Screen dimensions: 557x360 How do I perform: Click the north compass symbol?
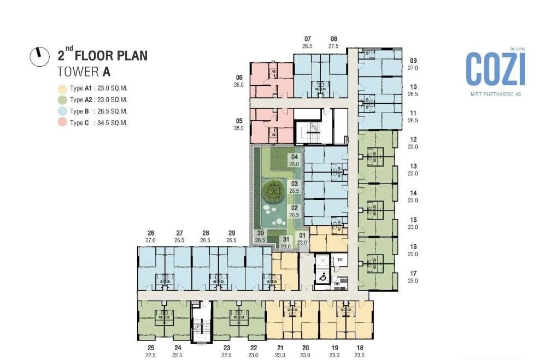(39, 57)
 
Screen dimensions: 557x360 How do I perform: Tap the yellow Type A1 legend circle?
(62, 88)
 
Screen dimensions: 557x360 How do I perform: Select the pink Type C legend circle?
(62, 122)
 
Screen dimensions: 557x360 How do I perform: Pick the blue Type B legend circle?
(62, 111)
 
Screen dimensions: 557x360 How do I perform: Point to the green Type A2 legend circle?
(62, 100)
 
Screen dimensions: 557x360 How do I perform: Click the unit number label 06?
(239, 78)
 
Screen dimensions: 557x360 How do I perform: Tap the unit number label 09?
(413, 61)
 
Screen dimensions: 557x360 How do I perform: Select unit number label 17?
(413, 273)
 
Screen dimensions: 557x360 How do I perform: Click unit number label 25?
(151, 348)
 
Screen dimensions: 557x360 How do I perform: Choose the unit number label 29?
(232, 233)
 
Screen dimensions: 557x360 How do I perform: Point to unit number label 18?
(360, 348)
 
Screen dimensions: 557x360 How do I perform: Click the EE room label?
(340, 259)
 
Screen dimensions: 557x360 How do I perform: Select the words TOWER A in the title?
(84, 72)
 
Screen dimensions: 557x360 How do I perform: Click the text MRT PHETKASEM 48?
(496, 94)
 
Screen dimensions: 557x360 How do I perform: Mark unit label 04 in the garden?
(295, 157)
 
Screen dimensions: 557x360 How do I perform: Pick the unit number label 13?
(413, 166)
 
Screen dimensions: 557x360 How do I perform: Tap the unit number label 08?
(333, 39)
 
